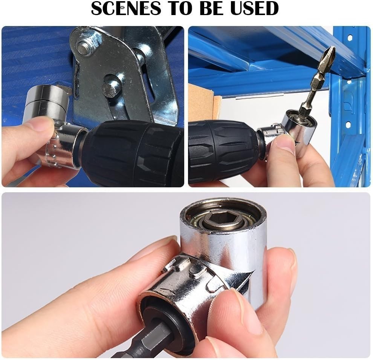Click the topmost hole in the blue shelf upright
click(x=350, y=38)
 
